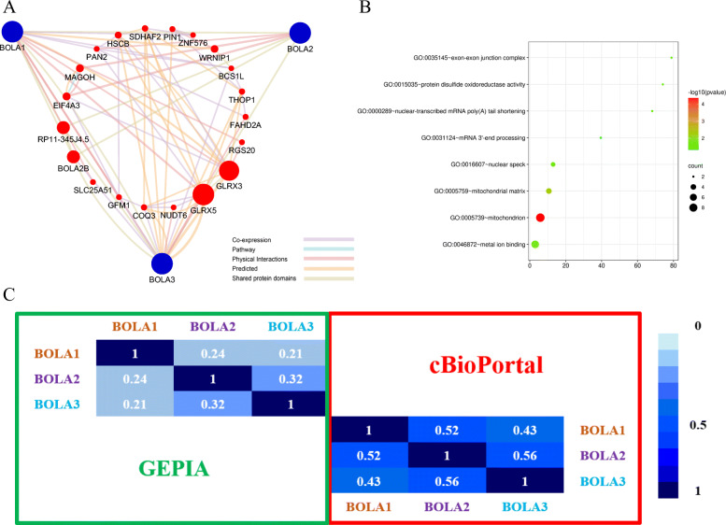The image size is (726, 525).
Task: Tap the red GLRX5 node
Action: pyautogui.click(x=202, y=195)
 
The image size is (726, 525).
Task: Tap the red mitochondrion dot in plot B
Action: pyautogui.click(x=540, y=218)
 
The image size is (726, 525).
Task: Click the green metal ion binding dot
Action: pyautogui.click(x=535, y=245)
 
